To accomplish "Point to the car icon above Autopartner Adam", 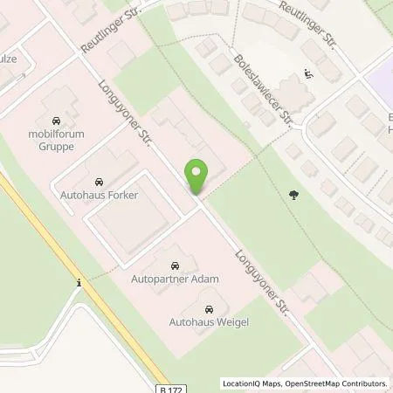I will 174,265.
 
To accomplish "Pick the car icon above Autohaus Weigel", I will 209,308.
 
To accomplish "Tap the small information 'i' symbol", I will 79,282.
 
